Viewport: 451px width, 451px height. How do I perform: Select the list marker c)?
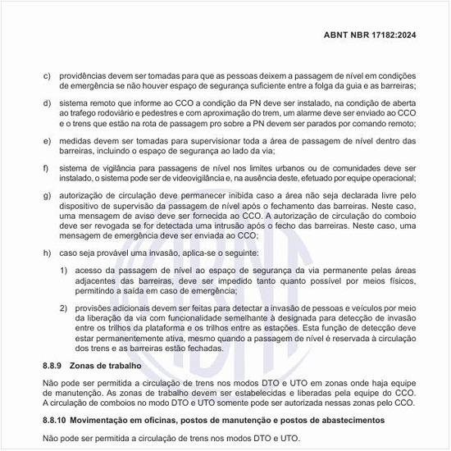47,75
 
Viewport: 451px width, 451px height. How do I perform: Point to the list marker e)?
47,141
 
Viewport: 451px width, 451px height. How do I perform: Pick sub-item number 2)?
66,307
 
